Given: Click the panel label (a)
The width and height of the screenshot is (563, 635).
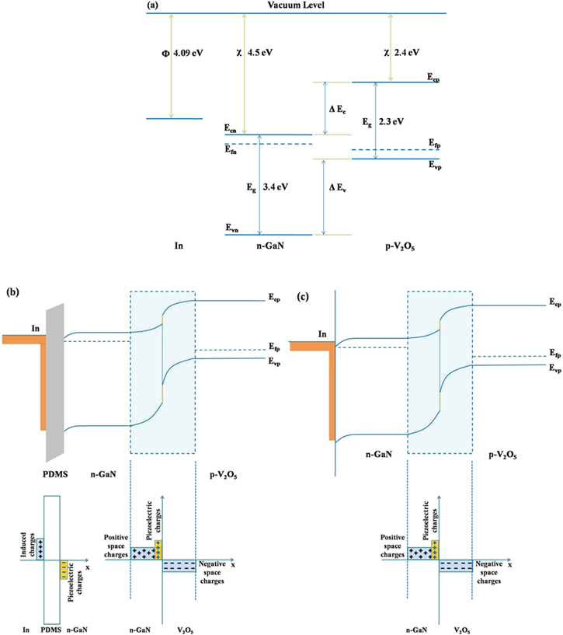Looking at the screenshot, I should tap(153, 5).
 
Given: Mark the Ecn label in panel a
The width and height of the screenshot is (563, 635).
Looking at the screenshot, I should tap(231, 128).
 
